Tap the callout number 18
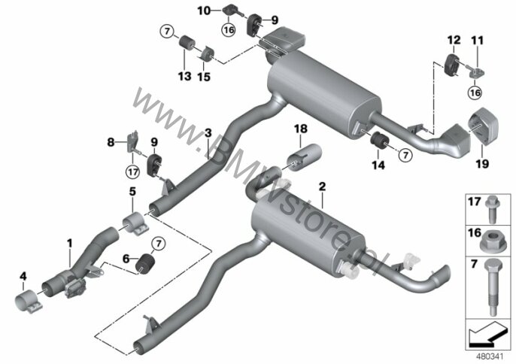[300, 129]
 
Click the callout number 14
[378, 165]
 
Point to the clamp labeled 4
[29, 301]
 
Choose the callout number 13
[184, 76]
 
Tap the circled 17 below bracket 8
[132, 171]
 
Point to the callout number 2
[322, 187]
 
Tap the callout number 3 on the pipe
[208, 133]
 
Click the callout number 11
[478, 41]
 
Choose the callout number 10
[204, 11]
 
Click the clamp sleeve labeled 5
[135, 223]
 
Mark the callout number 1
[69, 244]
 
